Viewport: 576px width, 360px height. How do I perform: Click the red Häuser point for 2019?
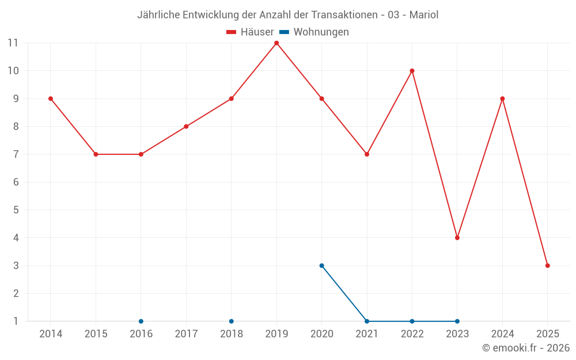(276, 43)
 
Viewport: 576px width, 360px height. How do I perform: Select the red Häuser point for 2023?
(457, 238)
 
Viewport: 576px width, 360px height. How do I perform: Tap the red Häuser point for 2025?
(548, 266)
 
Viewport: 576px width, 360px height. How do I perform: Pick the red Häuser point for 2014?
(51, 98)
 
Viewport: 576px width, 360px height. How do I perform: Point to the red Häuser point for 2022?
(412, 71)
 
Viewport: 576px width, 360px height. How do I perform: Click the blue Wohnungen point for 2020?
(321, 266)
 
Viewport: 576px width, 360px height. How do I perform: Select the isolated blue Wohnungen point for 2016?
(141, 321)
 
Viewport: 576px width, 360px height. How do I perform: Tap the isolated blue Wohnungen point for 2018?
(232, 321)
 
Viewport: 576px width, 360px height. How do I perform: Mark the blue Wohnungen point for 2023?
(457, 321)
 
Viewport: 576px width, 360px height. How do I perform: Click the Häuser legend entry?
(250, 32)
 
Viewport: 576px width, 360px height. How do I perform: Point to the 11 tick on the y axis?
(13, 43)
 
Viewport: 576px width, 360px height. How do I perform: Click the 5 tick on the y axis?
(16, 210)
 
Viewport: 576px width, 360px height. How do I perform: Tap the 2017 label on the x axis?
(186, 334)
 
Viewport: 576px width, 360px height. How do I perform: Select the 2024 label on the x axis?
(502, 334)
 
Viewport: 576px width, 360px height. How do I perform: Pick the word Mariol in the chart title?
(424, 15)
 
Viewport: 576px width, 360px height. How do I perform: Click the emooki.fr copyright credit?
(525, 348)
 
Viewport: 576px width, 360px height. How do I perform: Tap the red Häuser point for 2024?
(502, 98)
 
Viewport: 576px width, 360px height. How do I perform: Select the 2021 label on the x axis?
(367, 334)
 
